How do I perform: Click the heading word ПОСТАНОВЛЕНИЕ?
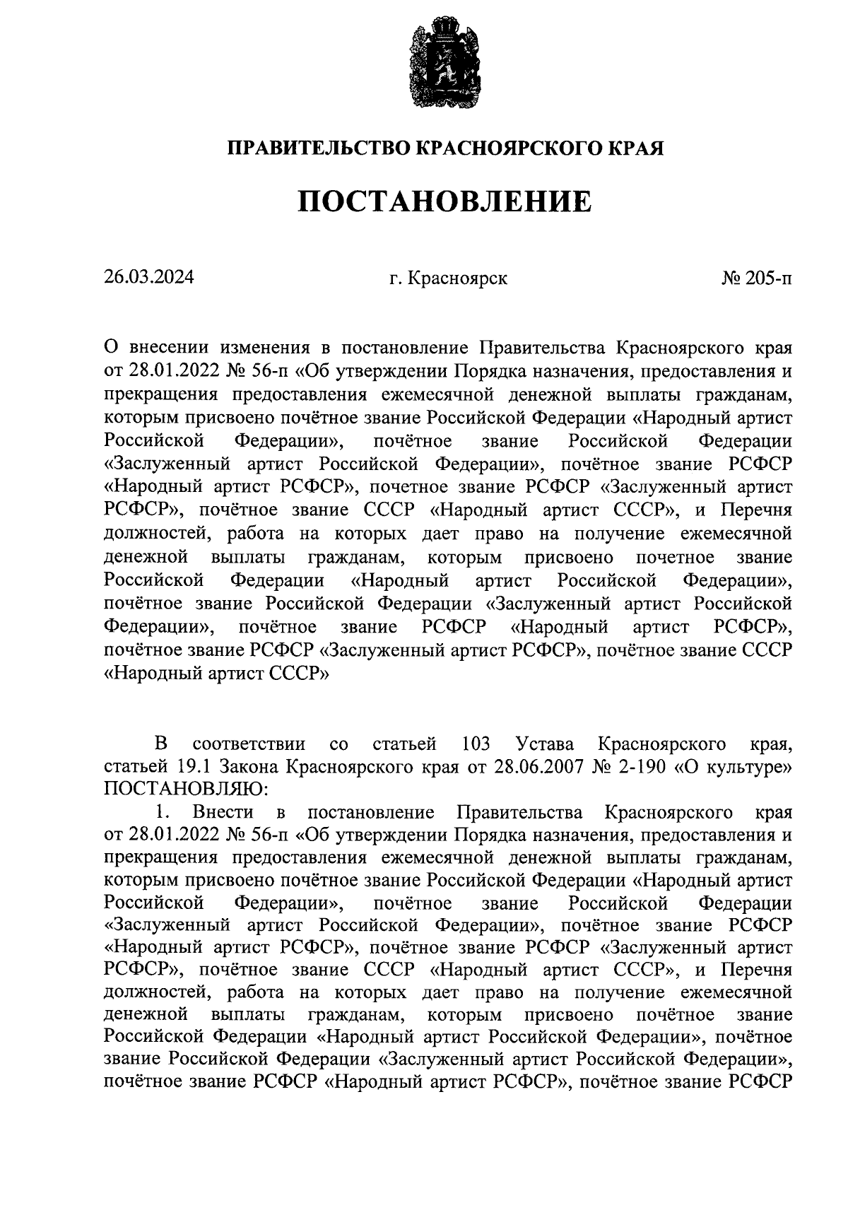pos(444,202)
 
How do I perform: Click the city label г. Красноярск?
pos(447,278)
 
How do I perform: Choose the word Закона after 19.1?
pos(244,766)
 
